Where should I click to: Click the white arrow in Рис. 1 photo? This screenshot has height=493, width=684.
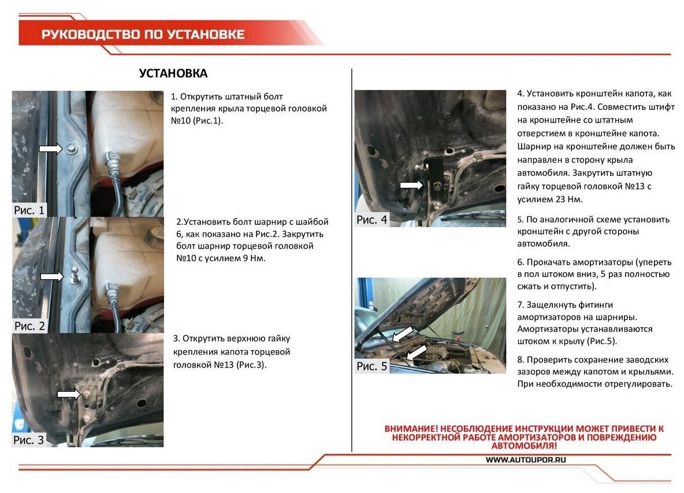click(51, 149)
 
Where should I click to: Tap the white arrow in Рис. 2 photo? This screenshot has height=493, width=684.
click(52, 277)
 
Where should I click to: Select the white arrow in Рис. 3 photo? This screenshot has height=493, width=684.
click(69, 394)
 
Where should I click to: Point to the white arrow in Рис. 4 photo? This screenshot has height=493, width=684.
click(411, 185)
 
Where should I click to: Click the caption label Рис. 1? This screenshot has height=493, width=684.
click(29, 210)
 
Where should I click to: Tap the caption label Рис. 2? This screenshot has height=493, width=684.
click(29, 326)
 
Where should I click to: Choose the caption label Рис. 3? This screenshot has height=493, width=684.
click(29, 440)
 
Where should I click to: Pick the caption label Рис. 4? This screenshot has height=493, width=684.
click(371, 220)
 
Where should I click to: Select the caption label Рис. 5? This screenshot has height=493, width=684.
click(371, 366)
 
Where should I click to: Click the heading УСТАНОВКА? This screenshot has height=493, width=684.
click(173, 73)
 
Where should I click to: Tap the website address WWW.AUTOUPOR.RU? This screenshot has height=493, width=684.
click(526, 459)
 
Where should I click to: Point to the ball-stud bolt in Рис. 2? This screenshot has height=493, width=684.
click(74, 276)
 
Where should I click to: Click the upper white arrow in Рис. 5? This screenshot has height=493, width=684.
click(403, 334)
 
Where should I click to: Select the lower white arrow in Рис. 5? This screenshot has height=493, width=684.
click(416, 353)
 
